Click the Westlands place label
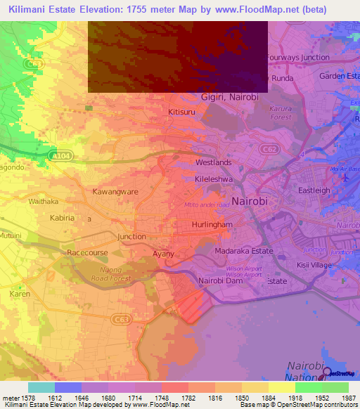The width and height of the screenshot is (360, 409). click(212, 162)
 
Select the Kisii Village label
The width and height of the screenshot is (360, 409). click(314, 265)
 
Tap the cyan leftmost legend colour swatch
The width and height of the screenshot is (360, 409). click(41, 387)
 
